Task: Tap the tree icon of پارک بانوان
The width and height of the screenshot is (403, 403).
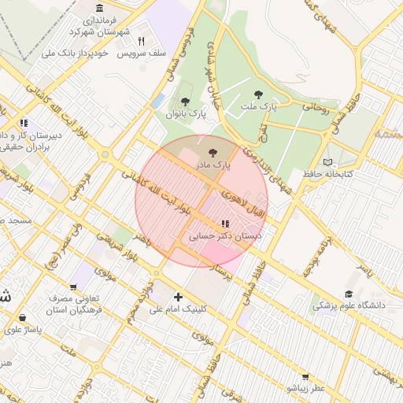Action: [185, 102]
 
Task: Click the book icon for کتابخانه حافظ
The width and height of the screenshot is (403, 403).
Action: [328, 161]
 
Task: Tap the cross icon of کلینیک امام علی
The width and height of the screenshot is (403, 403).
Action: [179, 298]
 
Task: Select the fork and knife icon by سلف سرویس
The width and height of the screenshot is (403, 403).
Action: [142, 41]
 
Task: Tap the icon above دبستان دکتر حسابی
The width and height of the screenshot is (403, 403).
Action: [227, 224]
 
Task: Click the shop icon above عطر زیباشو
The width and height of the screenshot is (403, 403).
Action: [305, 377]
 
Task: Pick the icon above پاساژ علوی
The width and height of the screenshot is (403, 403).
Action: [22, 318]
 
